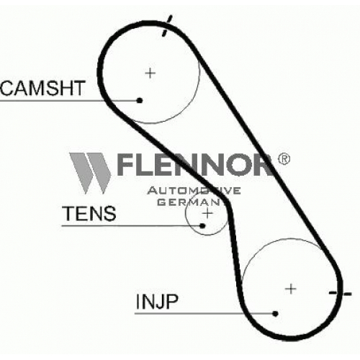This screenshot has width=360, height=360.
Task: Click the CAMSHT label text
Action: pyautogui.click(x=42, y=88)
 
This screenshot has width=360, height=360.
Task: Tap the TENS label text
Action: pyautogui.click(x=89, y=213)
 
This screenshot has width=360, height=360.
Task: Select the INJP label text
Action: pyautogui.click(x=157, y=302)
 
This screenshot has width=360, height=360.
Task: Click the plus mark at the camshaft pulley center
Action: pyautogui.click(x=150, y=73)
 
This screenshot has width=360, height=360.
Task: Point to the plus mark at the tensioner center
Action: pyautogui.click(x=207, y=213)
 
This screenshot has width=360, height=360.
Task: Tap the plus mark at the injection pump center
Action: pyautogui.click(x=291, y=289)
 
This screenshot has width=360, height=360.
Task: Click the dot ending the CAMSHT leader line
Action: pyautogui.click(x=140, y=100)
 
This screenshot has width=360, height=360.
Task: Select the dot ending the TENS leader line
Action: pyautogui.click(x=202, y=225)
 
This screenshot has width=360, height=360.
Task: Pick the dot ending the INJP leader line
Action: pyautogui.click(x=276, y=313)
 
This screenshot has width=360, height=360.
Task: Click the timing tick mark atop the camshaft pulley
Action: pyautogui.click(x=167, y=26)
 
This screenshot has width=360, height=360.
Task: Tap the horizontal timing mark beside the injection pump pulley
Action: pyautogui.click(x=340, y=293)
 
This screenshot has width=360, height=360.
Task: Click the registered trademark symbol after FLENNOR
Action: pyautogui.click(x=284, y=159)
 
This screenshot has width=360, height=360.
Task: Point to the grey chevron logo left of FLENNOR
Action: pyautogui.click(x=90, y=173)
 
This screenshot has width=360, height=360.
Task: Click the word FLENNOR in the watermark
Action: pyautogui.click(x=194, y=165)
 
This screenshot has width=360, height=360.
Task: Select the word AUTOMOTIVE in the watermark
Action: pyautogui.click(x=194, y=191)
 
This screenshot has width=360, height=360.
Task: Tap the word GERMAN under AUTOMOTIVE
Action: pyautogui.click(x=189, y=202)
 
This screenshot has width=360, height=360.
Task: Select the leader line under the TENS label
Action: pyautogui.click(x=131, y=225)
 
